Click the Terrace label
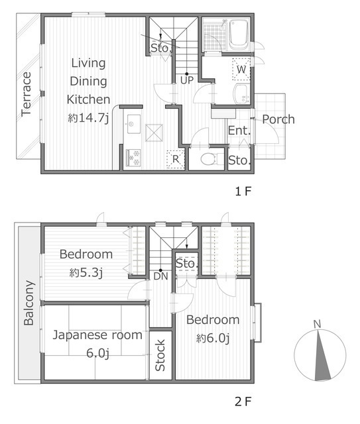click(27, 94)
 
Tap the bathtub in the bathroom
click(239, 34)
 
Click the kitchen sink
click(133, 124)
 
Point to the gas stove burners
click(133, 158)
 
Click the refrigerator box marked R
click(176, 160)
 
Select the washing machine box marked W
click(241, 69)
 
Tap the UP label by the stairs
click(187, 80)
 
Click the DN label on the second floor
click(161, 276)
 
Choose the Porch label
click(278, 119)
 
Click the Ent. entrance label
click(239, 131)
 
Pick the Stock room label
click(160, 355)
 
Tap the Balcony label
click(29, 303)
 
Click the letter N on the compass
click(317, 324)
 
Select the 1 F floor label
click(243, 191)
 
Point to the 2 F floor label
click(243, 401)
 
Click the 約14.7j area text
click(88, 118)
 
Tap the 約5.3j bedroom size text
click(86, 273)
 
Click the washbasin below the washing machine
click(242, 93)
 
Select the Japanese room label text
click(97, 335)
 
